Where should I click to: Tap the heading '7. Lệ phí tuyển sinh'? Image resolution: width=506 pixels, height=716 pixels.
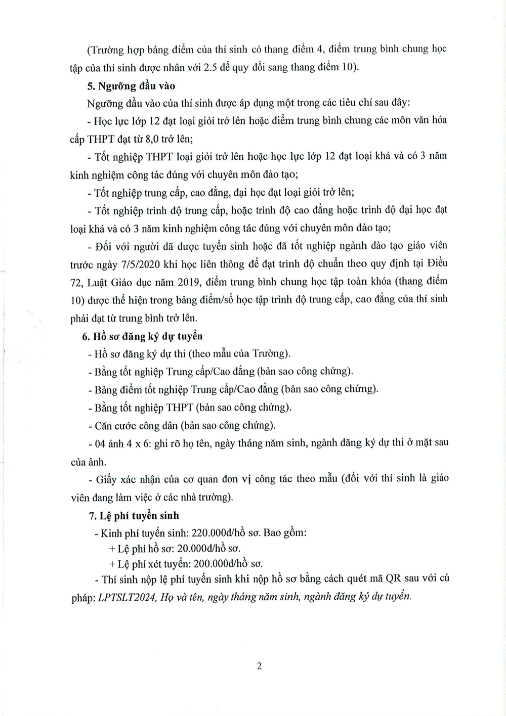134,516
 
